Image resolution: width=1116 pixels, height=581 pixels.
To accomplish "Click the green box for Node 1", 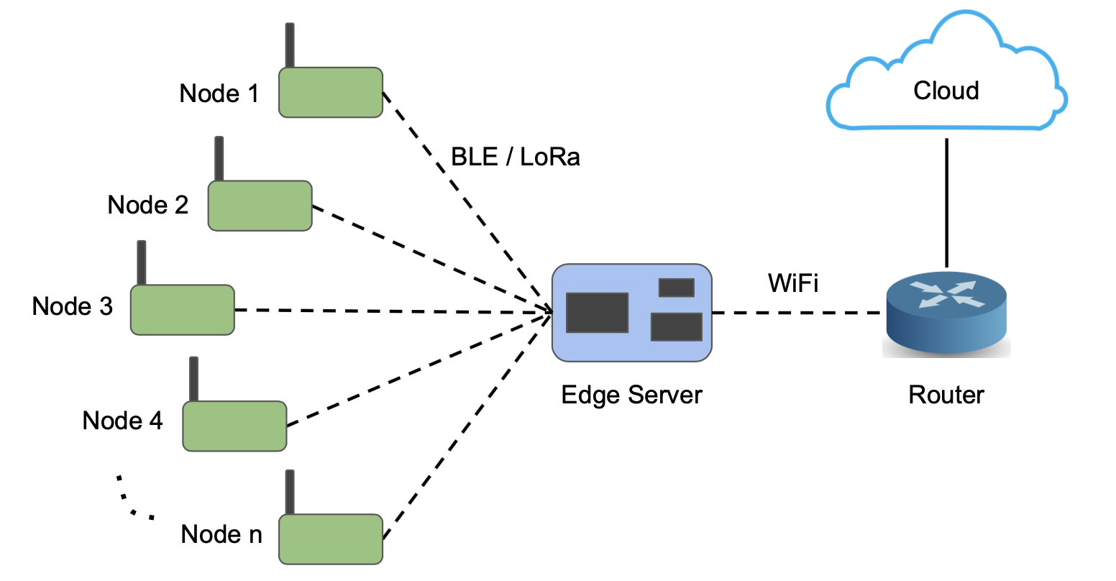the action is (x=331, y=93).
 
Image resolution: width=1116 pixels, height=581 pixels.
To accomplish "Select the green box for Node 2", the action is (x=260, y=206).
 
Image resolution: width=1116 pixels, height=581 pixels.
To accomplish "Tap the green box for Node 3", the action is (x=183, y=310).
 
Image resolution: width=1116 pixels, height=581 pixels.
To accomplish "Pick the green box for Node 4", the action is (x=234, y=426).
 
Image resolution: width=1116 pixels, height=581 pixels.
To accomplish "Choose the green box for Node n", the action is (x=331, y=539).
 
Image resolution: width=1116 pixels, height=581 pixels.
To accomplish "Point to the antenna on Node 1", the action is (x=290, y=45).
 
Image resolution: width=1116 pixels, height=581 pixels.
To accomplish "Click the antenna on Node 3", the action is (x=142, y=263).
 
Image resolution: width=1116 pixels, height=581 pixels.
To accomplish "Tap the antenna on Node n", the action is (x=290, y=493).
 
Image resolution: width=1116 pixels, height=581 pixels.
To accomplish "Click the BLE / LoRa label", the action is (x=515, y=157).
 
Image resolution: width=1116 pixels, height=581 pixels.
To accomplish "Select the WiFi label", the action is (x=793, y=283).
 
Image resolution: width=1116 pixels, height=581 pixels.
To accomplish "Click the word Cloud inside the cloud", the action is (x=946, y=91).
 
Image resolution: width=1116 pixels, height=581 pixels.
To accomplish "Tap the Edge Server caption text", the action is (x=631, y=395).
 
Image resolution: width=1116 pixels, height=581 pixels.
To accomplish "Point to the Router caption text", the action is (x=946, y=395).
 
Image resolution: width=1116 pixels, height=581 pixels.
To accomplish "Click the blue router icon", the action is (x=946, y=313).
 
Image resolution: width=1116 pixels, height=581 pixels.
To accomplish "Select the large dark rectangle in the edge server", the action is (x=598, y=312).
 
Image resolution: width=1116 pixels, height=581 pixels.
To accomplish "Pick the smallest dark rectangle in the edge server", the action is (x=677, y=288).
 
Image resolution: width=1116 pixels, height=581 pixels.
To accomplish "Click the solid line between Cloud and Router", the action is (x=946, y=203).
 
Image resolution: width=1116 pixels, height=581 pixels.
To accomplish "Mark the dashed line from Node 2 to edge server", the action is (x=432, y=259).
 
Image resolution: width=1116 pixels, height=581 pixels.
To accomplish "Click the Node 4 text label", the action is (x=122, y=421).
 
